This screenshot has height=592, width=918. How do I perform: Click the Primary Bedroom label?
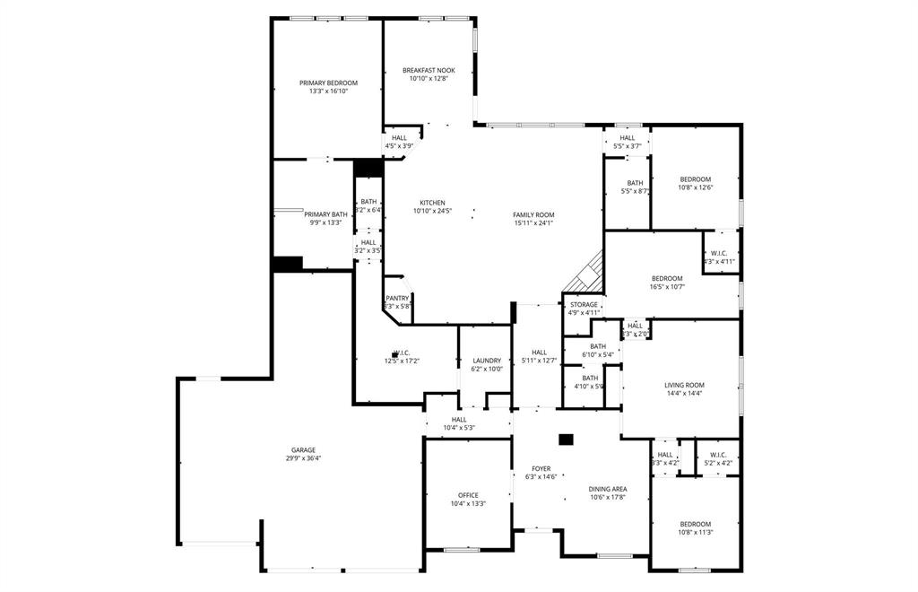328,83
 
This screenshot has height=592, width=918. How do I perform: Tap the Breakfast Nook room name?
429,70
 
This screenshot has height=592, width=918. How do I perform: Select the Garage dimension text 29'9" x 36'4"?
303,458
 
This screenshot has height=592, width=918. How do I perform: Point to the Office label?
468,495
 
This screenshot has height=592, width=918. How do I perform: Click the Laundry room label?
487,361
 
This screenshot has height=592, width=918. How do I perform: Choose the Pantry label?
397,299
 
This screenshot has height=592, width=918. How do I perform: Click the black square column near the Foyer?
566,440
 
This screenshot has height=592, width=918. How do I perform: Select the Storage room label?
584,305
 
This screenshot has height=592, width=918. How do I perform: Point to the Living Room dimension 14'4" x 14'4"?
684,393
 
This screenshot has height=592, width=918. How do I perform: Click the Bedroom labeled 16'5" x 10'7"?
666,278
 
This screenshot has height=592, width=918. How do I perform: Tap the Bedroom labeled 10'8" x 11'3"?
695,524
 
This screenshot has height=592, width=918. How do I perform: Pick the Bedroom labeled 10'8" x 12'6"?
695,179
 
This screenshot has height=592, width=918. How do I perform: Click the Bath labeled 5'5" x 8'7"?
635,183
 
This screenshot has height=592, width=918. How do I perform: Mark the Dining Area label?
608,489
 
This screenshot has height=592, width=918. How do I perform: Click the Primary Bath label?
325,214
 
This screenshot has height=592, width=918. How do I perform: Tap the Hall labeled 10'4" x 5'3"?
459,419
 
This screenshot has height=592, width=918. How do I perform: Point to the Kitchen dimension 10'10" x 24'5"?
432,211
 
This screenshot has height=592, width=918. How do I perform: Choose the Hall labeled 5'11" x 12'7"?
539,353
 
